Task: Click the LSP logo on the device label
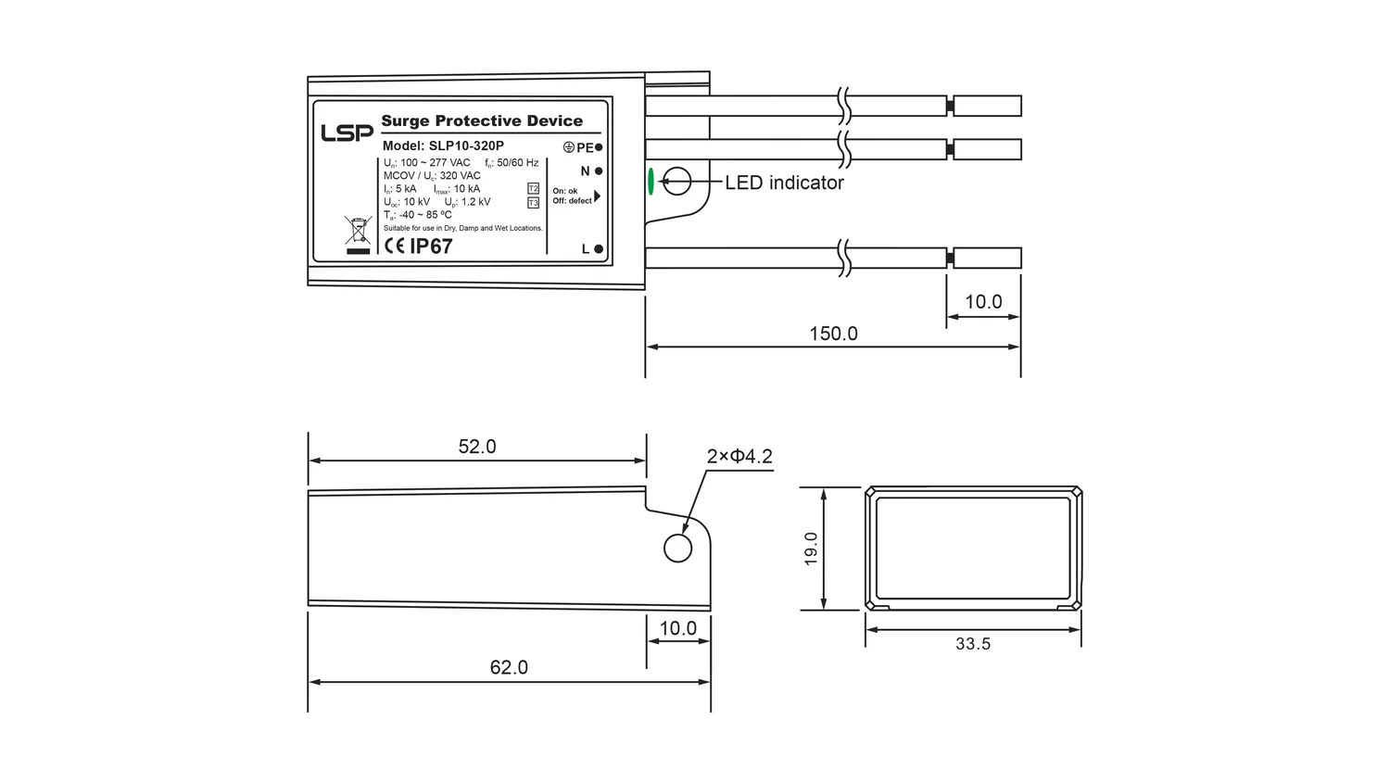(x=347, y=132)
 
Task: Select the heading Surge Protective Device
(x=482, y=121)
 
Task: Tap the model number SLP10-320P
(x=466, y=145)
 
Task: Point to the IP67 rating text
(x=431, y=246)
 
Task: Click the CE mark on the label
(x=395, y=246)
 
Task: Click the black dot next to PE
(x=599, y=147)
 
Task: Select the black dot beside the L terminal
(x=599, y=249)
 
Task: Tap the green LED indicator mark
(x=651, y=182)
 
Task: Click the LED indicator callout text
(x=784, y=183)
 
